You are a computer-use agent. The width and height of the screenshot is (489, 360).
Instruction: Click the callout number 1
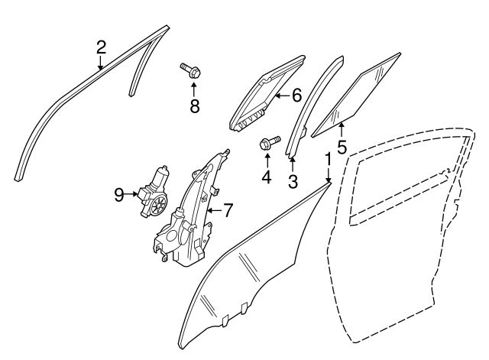click(x=328, y=159)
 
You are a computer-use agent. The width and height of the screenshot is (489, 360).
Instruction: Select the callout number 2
click(x=101, y=48)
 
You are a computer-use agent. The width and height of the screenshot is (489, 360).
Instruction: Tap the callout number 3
click(x=293, y=182)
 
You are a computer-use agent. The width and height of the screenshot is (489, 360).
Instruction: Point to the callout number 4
click(x=267, y=177)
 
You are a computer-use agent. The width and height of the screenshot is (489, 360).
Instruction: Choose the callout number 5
click(x=342, y=147)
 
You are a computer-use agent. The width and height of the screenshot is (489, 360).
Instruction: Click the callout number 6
click(x=297, y=95)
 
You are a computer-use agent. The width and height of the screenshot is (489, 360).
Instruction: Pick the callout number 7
click(x=228, y=210)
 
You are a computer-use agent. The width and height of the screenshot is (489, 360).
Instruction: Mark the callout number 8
click(x=195, y=106)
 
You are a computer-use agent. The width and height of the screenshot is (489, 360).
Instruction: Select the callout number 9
click(x=119, y=195)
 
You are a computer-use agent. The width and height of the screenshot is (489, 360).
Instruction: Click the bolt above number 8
click(x=191, y=70)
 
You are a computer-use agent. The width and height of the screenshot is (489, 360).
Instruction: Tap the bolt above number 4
click(x=270, y=142)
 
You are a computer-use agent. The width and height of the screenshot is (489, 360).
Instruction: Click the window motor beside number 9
click(x=154, y=192)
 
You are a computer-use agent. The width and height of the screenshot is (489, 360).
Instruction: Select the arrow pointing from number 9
click(x=131, y=194)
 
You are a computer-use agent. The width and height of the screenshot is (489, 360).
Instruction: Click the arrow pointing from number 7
click(x=215, y=210)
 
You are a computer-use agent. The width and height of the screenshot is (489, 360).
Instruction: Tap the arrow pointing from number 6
click(x=283, y=96)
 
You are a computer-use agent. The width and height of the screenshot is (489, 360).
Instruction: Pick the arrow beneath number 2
click(x=100, y=63)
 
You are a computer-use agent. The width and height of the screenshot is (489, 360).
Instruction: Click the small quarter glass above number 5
click(x=356, y=95)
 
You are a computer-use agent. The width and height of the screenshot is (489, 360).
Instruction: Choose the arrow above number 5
click(x=342, y=131)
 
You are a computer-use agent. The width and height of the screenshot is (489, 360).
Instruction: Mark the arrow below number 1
click(x=328, y=174)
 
